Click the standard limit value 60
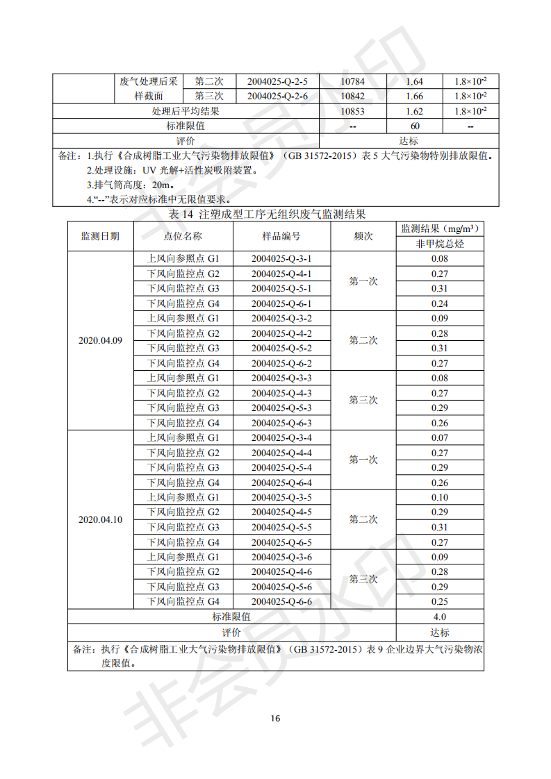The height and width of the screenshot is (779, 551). tap(415, 126)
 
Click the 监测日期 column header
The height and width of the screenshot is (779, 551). tap(101, 236)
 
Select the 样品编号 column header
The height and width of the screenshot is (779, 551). tap(281, 236)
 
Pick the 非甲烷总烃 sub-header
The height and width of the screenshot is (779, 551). tap(439, 244)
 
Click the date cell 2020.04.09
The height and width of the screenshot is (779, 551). tap(101, 340)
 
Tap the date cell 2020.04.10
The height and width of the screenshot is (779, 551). tap(101, 519)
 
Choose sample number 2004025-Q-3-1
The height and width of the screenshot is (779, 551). tap(281, 258)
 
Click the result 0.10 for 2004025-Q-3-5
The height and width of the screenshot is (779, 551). tap(439, 497)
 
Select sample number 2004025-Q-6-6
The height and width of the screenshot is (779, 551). tap(281, 602)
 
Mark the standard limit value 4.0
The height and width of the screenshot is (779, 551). tap(439, 617)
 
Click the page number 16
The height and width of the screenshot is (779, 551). tap(275, 718)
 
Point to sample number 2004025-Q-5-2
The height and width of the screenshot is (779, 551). tap(281, 348)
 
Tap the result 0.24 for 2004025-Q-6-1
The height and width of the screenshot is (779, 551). tap(439, 303)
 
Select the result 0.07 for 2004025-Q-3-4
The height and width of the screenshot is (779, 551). tap(439, 437)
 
